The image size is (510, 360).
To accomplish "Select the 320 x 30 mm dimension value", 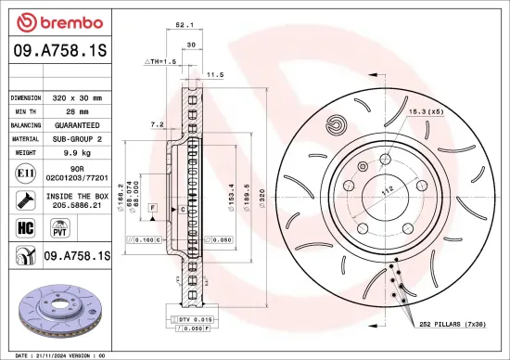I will [x=77, y=96].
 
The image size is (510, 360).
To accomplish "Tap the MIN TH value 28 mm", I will [x=77, y=110].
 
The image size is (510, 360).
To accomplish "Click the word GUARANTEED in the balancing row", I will [x=77, y=124].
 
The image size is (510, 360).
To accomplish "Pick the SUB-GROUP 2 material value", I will [x=77, y=138].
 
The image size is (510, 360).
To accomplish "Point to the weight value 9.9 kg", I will [x=77, y=151].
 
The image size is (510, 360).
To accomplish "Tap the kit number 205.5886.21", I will [x=77, y=205].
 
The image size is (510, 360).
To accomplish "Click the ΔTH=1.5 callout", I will [x=159, y=61].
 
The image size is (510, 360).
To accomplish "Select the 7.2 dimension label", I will [x=157, y=123].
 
